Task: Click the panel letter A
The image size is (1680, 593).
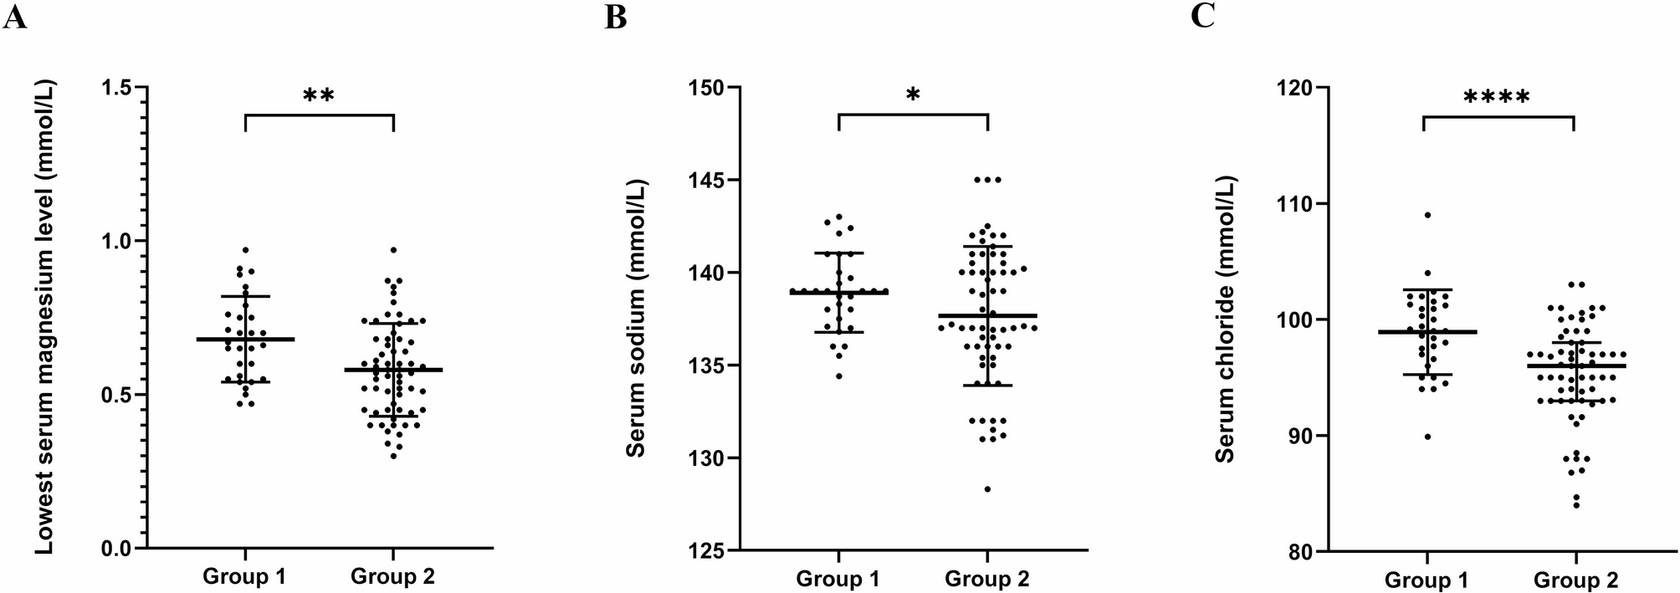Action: (15, 17)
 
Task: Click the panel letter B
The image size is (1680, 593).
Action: (615, 17)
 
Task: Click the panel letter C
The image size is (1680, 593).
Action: (1202, 17)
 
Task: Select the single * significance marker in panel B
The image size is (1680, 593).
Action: (913, 95)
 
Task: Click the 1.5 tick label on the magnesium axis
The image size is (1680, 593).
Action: (119, 87)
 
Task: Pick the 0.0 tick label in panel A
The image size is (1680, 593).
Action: (119, 549)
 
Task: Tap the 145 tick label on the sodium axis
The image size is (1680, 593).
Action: (709, 180)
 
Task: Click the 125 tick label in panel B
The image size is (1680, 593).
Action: (709, 550)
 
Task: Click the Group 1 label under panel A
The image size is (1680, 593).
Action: (244, 576)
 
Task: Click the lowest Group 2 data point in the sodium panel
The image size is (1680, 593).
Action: (987, 489)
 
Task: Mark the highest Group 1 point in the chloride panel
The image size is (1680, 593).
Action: (1427, 215)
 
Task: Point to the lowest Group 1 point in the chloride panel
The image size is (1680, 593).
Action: (1427, 437)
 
